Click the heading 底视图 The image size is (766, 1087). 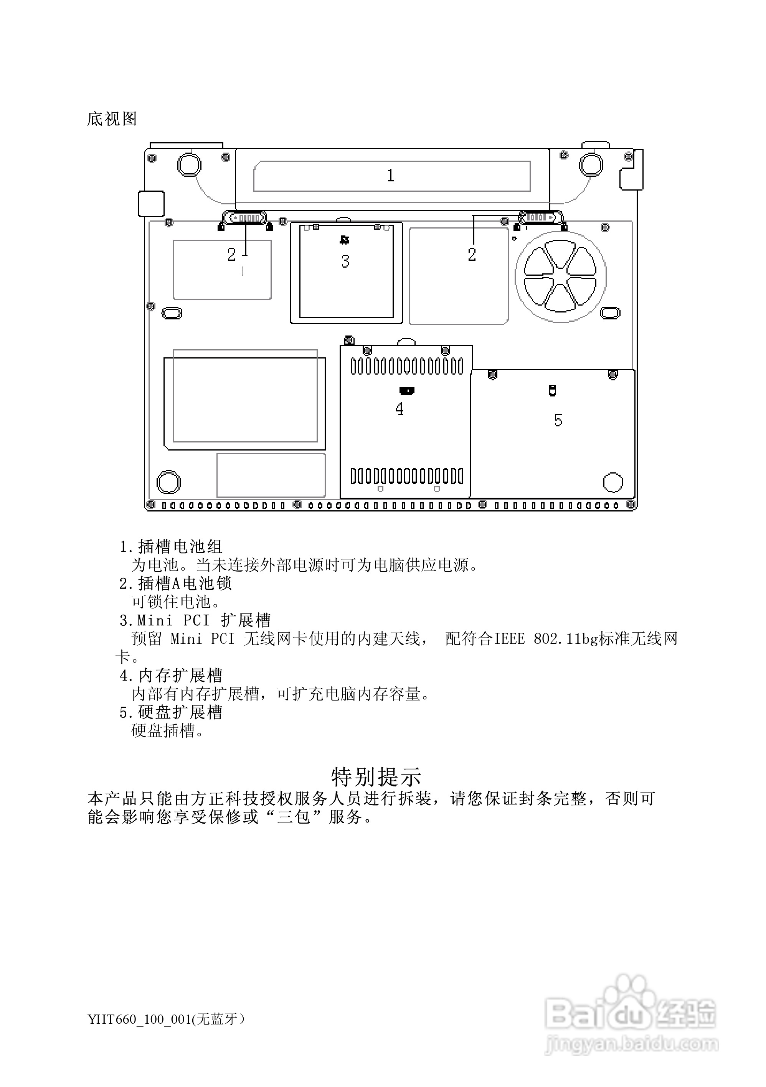[x=112, y=119]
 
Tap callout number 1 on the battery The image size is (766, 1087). [x=390, y=176]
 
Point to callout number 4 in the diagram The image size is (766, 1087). [x=400, y=409]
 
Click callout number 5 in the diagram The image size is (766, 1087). [x=558, y=420]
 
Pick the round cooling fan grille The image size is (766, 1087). [x=560, y=276]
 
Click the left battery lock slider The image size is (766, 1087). [x=245, y=218]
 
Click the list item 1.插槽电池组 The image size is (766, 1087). [x=170, y=547]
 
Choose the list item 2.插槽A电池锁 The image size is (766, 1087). [x=175, y=583]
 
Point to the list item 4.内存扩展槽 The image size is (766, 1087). [x=170, y=676]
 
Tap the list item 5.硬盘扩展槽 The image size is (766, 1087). [x=170, y=712]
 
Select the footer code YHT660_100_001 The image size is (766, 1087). [x=139, y=1019]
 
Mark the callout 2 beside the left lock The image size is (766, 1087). [x=231, y=255]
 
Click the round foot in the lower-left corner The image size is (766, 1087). [x=168, y=482]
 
